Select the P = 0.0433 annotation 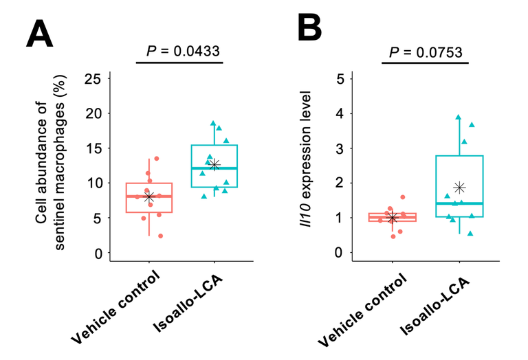[x=180, y=51]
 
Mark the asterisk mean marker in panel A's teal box [x=214, y=164]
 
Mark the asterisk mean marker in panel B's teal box [x=460, y=188]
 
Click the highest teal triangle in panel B [x=458, y=117]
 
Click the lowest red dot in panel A [x=160, y=236]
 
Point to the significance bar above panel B [x=425, y=63]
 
